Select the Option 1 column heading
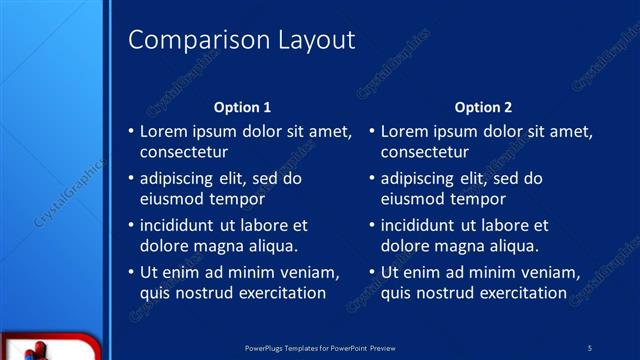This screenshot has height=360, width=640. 243,107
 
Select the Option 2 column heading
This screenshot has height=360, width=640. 483,107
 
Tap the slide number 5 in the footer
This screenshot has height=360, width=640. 590,347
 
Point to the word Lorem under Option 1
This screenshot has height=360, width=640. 162,131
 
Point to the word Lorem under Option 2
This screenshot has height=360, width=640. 403,131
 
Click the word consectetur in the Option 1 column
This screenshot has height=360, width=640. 184,153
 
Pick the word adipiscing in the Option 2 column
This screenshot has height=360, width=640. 417,179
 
